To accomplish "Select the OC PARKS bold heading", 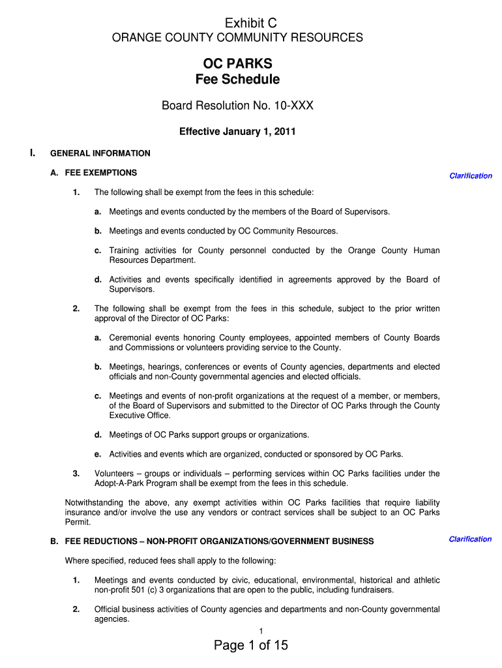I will (237, 64).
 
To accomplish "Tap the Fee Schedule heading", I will (237, 80).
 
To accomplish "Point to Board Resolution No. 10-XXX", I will (237, 106).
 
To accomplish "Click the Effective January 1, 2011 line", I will (237, 132).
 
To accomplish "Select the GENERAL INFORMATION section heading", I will (100, 153).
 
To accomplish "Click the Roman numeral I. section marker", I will (32, 153).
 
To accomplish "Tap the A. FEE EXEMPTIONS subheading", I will (94, 173).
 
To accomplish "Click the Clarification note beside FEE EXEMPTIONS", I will (470, 175).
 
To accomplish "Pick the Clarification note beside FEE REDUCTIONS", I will (470, 539).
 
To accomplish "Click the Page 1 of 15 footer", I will (250, 646).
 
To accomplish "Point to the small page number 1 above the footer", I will (261, 630).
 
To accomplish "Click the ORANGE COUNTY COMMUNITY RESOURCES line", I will (237, 38).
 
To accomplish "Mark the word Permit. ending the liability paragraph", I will (78, 523).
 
